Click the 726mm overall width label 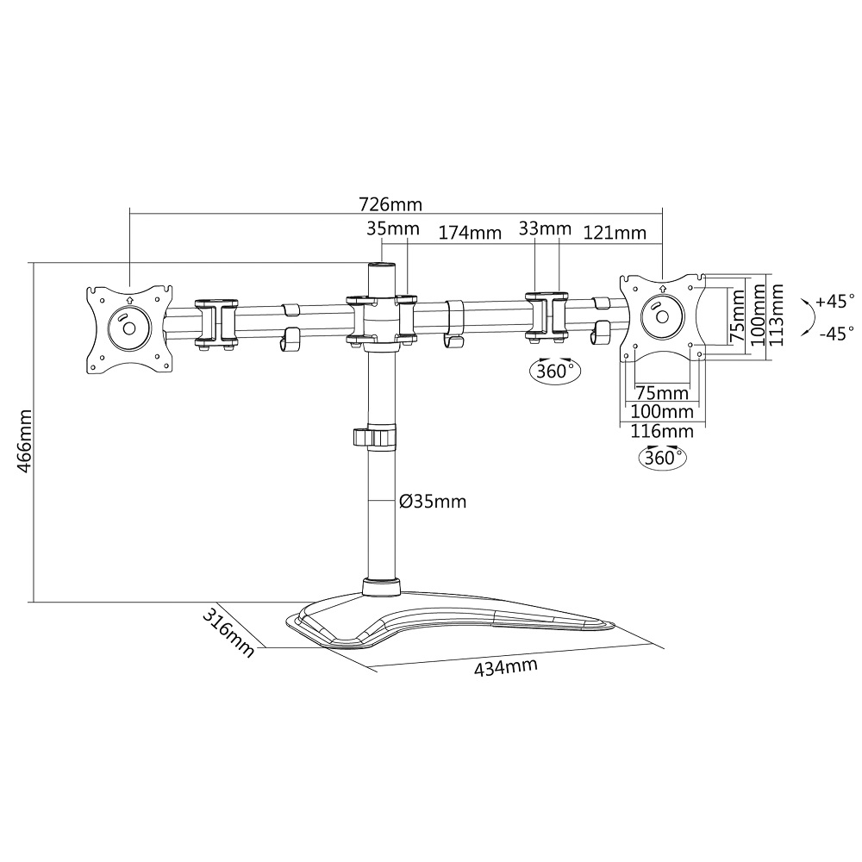390,204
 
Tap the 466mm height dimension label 25,440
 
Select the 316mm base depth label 228,632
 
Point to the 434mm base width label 506,667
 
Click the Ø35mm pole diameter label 433,502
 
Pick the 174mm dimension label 470,233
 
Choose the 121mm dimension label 615,233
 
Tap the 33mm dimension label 546,228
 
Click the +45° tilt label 835,301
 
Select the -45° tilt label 837,334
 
